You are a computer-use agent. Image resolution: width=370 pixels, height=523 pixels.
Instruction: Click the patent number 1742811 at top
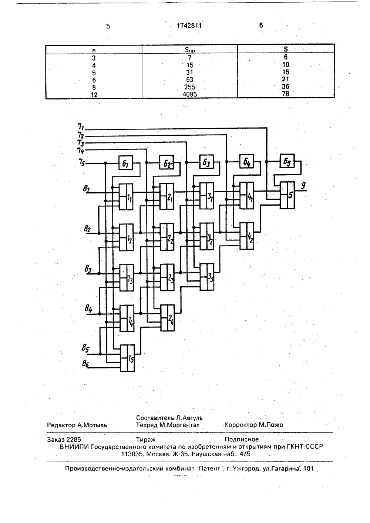(x=189, y=26)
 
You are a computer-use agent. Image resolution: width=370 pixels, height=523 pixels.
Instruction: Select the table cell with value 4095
(x=189, y=94)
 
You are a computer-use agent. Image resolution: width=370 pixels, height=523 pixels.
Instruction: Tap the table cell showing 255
(x=189, y=87)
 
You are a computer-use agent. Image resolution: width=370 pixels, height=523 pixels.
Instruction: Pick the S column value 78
(x=285, y=94)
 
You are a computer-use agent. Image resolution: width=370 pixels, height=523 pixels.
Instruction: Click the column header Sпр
(x=190, y=50)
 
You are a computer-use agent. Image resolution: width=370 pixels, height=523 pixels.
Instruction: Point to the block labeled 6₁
(x=126, y=162)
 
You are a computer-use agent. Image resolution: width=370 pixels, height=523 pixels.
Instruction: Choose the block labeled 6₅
(x=287, y=161)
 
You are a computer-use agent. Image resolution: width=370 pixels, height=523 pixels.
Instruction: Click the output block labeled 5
(x=287, y=195)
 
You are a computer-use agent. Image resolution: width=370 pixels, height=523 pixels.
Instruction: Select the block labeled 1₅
(x=127, y=358)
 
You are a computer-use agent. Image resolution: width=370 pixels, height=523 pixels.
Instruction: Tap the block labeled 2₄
(x=168, y=318)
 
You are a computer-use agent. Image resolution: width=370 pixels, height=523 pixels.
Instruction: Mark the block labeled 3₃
(x=207, y=277)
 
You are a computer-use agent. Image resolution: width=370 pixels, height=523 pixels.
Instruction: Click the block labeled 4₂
(x=247, y=236)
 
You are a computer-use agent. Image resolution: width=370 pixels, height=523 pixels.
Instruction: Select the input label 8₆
(x=85, y=364)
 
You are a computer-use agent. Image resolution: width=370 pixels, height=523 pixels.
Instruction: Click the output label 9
(x=303, y=186)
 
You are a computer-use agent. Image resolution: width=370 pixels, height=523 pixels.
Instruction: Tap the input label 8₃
(x=88, y=269)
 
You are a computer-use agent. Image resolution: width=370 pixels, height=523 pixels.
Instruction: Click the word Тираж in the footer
(x=146, y=440)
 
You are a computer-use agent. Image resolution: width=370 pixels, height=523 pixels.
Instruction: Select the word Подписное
(x=242, y=439)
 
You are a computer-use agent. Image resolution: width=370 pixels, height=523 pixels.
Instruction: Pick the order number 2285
(x=74, y=440)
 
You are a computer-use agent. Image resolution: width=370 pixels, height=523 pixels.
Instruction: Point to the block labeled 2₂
(x=167, y=237)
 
